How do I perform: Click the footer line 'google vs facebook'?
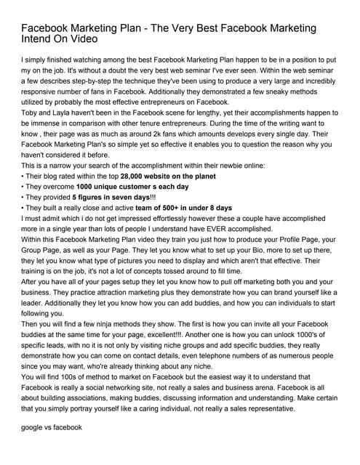[52, 428]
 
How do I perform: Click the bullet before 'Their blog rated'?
[23, 177]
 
